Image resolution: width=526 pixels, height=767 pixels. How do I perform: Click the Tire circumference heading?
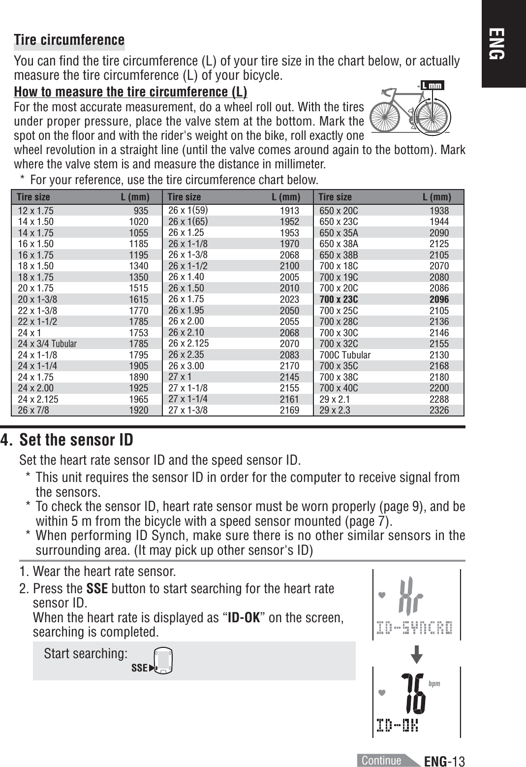pos(69,40)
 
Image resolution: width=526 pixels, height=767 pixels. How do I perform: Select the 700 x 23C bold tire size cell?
pos(339,299)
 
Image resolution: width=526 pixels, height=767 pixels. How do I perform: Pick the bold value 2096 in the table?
pos(439,299)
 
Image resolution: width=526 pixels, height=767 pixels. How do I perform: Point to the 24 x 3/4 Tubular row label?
pos(47,344)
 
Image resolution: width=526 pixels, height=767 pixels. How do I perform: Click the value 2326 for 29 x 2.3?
pos(439,410)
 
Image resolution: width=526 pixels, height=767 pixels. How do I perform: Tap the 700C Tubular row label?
pos(345,355)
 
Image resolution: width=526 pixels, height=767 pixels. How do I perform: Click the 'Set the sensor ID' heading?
pos(76,440)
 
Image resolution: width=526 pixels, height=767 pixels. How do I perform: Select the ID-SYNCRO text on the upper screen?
pos(414,628)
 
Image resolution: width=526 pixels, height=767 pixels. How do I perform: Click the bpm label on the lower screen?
pos(434,684)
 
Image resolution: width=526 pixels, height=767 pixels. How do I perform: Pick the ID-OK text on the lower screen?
pos(397,725)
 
